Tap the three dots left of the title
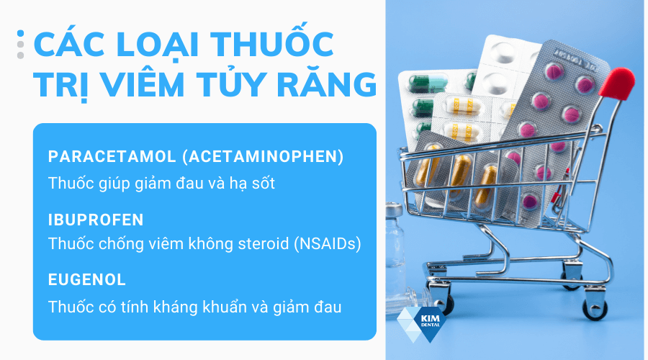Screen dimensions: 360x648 (20, 45)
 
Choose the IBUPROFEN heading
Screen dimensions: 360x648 (96, 219)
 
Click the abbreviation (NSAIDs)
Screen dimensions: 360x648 (329, 244)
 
